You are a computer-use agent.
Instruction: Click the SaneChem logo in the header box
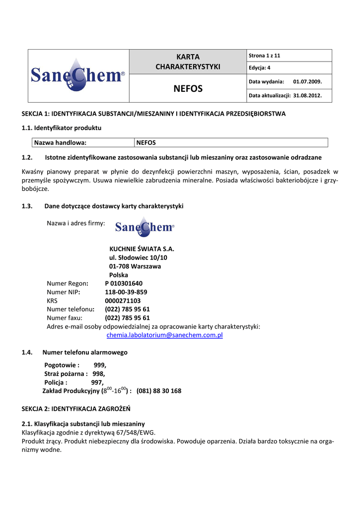click(78, 75)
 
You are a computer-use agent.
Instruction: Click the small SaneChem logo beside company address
click(144, 227)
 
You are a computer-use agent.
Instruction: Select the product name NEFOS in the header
click(188, 89)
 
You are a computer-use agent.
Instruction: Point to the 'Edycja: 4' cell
click(260, 68)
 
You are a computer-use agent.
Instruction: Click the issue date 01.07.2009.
click(307, 81)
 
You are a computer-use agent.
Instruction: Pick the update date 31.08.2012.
click(307, 96)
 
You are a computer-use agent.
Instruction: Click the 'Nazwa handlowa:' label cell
click(60, 143)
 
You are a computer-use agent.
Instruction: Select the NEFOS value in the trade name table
click(146, 143)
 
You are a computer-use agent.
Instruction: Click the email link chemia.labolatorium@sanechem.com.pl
click(165, 335)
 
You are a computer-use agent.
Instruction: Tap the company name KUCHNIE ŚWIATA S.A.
click(142, 249)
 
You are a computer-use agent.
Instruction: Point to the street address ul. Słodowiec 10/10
click(138, 258)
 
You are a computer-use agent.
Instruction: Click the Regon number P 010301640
click(124, 284)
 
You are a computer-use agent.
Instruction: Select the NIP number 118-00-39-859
click(126, 292)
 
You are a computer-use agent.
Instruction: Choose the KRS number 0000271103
click(123, 301)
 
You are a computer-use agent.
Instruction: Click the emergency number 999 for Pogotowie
click(99, 365)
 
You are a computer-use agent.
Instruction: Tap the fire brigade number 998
click(98, 374)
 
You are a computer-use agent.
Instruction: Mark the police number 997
click(97, 382)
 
